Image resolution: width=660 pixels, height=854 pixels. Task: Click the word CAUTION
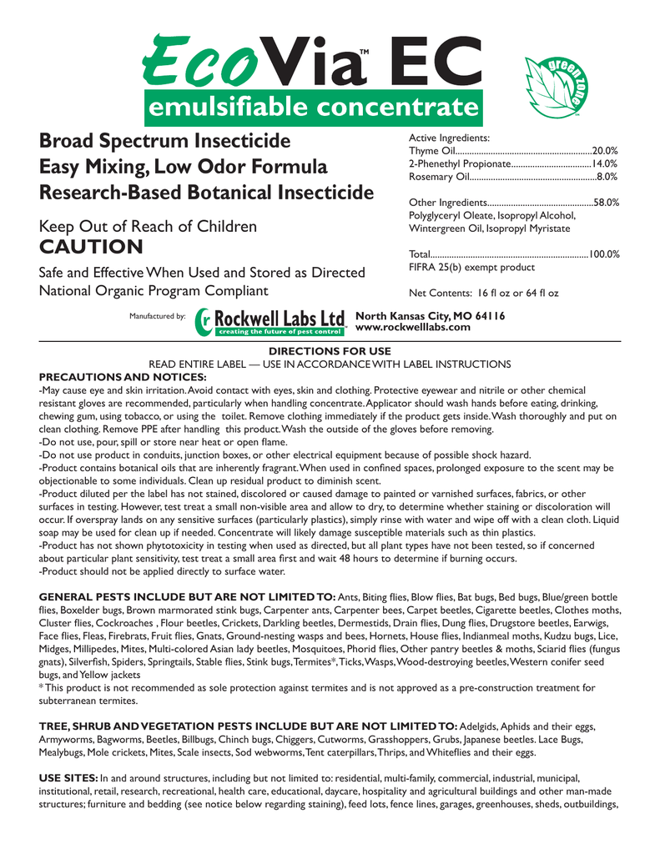[x=91, y=247]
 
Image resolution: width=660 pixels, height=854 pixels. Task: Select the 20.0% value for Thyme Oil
[x=604, y=149]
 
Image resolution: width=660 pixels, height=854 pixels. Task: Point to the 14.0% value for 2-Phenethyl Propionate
[x=604, y=163]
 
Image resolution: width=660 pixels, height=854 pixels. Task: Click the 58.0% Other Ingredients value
[x=604, y=203]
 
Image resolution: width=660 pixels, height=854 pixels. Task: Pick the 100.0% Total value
[x=603, y=254]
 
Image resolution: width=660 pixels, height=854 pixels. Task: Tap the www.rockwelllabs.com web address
[x=413, y=327]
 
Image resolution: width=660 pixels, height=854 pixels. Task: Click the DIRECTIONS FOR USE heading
[x=330, y=351]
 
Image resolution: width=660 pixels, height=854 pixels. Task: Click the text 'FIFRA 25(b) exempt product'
[x=471, y=268]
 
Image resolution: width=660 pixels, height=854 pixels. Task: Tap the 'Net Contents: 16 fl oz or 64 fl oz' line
[x=483, y=294]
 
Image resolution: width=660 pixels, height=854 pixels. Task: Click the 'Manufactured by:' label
[x=157, y=317]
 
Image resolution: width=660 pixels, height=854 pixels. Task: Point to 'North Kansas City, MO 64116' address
[x=430, y=316]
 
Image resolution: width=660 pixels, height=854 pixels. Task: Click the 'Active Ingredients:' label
[x=449, y=137]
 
